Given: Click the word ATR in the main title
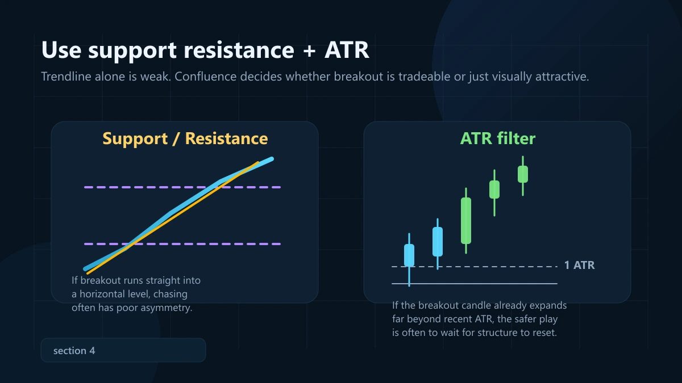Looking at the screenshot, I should [x=347, y=50].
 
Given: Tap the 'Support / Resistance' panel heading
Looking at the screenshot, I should [x=185, y=138].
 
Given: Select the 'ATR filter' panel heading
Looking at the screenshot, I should [x=497, y=138].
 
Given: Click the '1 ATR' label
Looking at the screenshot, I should [x=579, y=266].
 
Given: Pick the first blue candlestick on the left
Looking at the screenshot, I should [x=409, y=255].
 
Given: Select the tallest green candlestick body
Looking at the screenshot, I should [x=466, y=220].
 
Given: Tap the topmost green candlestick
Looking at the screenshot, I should [x=523, y=174].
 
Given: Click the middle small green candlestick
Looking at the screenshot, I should [x=494, y=190].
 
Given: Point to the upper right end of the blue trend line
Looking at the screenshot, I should [x=272, y=159].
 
